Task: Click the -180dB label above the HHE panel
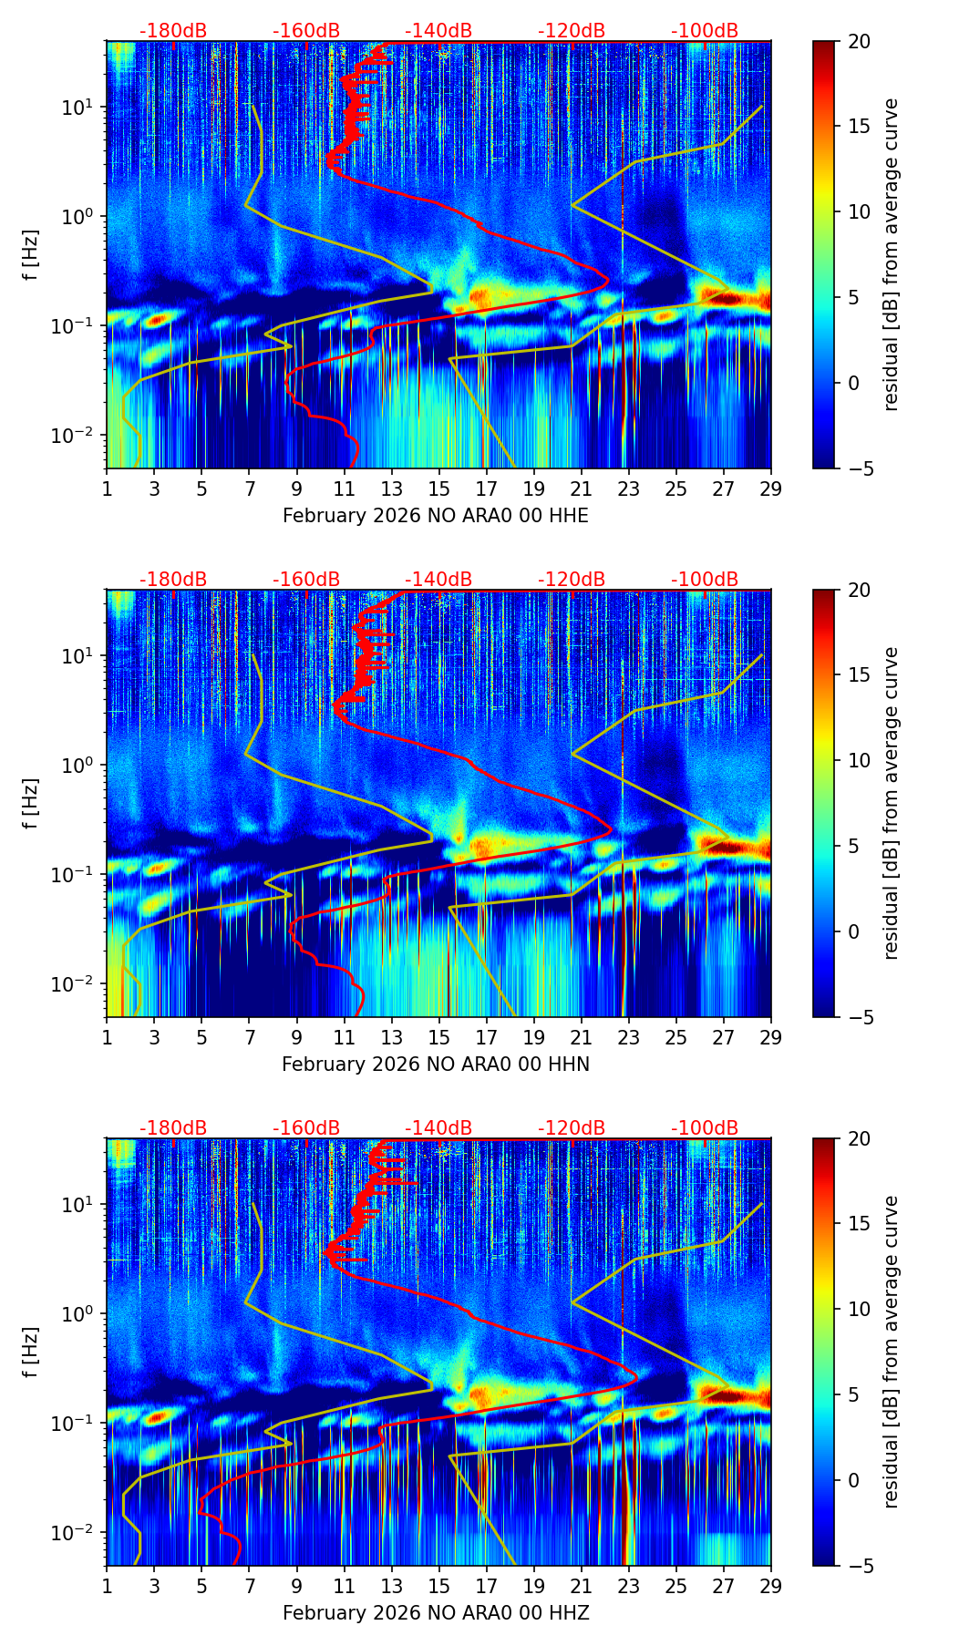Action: point(173,31)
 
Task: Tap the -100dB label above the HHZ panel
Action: point(705,1128)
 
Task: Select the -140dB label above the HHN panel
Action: point(438,580)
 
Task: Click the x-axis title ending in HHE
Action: point(436,516)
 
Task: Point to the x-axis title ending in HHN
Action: point(436,1065)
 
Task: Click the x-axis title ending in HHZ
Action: point(436,1613)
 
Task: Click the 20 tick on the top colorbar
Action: point(859,41)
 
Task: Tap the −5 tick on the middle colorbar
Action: point(859,1016)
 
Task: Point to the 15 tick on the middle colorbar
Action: point(859,675)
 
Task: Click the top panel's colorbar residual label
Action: point(892,254)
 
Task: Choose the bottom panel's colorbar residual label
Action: point(892,1352)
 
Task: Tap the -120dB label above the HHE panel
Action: point(572,31)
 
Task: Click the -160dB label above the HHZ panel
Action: point(306,1128)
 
